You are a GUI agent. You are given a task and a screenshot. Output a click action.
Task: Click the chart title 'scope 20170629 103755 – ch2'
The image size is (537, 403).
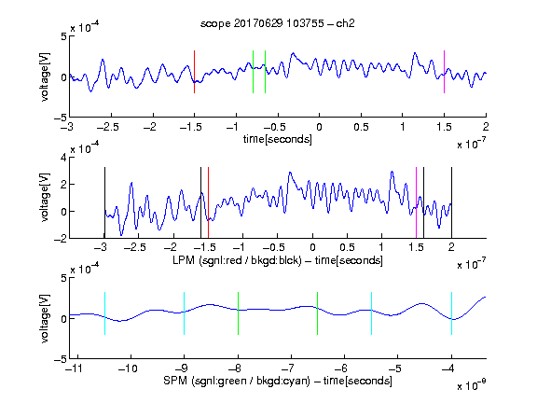[x=277, y=23]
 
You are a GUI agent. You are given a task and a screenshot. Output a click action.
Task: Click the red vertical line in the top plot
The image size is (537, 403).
[x=194, y=72]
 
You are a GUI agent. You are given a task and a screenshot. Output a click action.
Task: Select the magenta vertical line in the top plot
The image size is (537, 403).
[x=444, y=72]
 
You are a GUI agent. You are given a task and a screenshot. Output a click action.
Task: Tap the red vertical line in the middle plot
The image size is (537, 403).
[x=208, y=202]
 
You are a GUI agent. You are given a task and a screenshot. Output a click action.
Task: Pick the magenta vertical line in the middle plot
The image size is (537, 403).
[x=416, y=202]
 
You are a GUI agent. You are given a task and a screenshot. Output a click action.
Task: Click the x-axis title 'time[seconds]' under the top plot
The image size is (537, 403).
[x=278, y=139]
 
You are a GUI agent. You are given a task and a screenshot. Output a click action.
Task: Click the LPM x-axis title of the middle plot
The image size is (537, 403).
[x=278, y=260]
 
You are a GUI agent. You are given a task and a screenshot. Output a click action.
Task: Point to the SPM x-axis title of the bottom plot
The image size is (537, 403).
[x=278, y=381]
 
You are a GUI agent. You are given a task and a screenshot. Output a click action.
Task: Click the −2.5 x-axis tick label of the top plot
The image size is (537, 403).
[x=107, y=127]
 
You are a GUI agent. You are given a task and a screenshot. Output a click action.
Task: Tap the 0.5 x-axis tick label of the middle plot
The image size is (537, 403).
[x=347, y=247]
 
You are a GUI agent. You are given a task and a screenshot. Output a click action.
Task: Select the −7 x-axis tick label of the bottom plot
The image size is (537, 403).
[x=289, y=368]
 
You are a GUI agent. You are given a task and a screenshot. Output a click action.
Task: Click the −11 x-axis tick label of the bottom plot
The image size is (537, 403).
[x=76, y=368]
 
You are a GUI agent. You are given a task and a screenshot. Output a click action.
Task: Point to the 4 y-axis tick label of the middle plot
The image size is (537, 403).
[x=63, y=158]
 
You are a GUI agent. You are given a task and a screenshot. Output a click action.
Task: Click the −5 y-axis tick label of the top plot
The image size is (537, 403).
[x=61, y=118]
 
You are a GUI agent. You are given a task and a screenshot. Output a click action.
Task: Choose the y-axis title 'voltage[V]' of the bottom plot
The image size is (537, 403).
[x=45, y=318]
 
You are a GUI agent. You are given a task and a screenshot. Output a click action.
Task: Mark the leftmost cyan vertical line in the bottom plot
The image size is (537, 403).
[x=104, y=313]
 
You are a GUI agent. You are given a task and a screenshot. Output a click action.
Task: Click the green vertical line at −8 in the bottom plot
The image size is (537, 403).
[x=238, y=313]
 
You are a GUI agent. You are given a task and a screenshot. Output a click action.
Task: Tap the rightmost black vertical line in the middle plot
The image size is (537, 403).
[x=452, y=202]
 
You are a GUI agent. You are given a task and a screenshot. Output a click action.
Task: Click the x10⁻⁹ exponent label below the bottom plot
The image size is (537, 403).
[x=472, y=385]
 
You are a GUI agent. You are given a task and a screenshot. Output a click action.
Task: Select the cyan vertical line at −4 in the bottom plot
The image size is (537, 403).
[x=452, y=313]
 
